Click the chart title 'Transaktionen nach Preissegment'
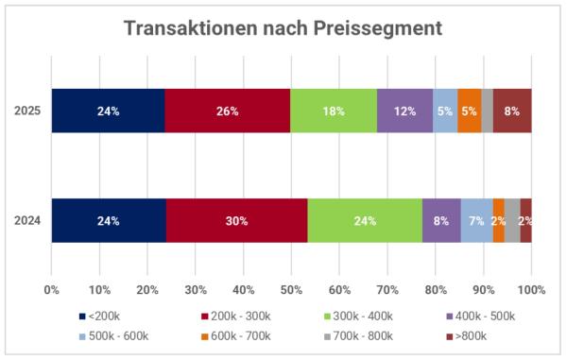283,28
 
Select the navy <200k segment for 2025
108,111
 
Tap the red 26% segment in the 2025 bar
227,111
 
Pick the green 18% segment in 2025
333,111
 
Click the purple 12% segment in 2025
404,111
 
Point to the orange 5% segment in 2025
470,111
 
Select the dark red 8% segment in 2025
512,111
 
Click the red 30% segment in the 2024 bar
236,220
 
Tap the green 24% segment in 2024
365,220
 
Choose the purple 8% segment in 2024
441,220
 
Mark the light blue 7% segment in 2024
476,220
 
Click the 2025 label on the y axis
26,111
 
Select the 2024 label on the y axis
26,220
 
